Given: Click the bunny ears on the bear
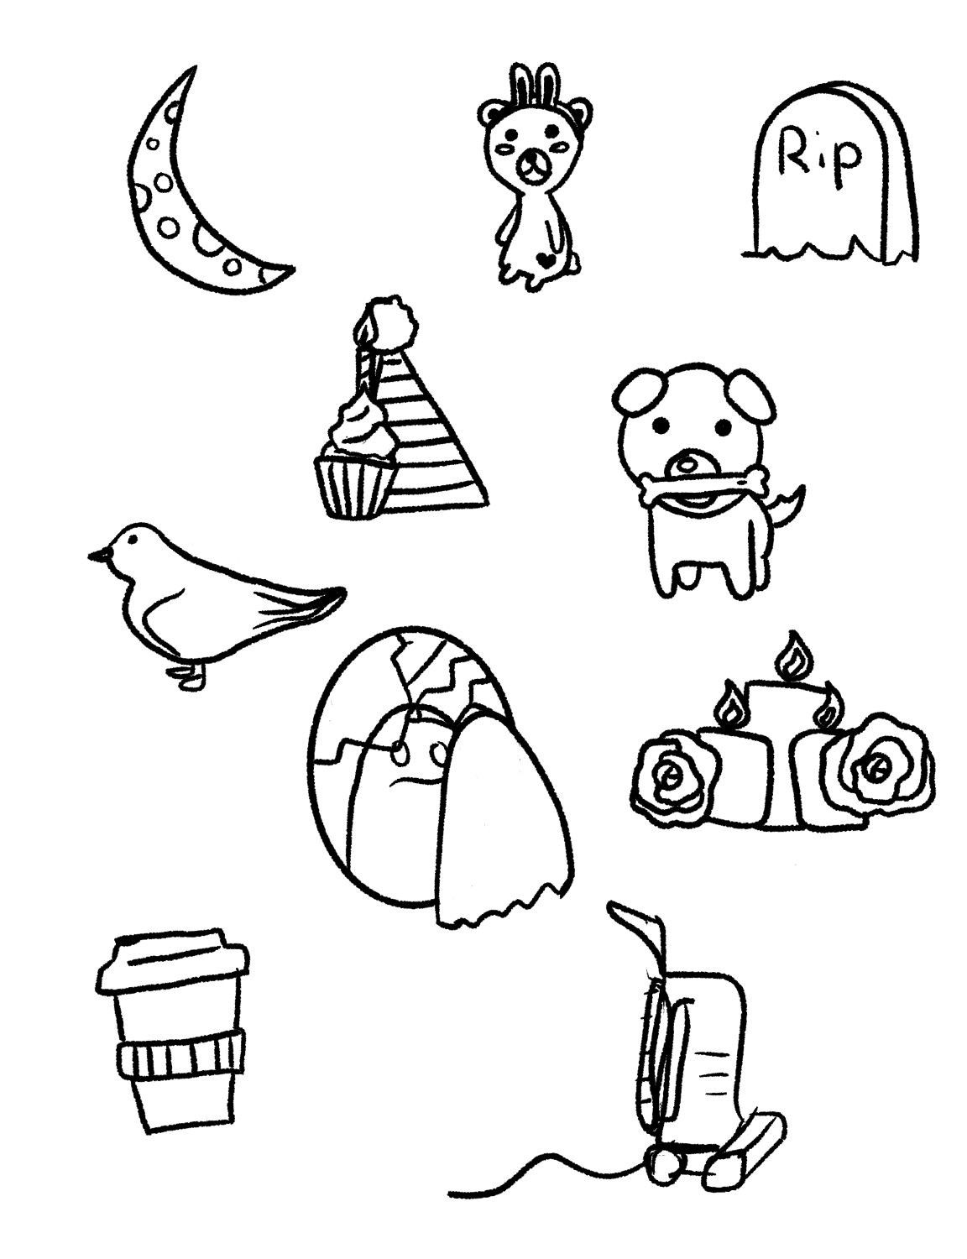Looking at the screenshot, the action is [531, 87].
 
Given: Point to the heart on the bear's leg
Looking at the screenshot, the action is [545, 259].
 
